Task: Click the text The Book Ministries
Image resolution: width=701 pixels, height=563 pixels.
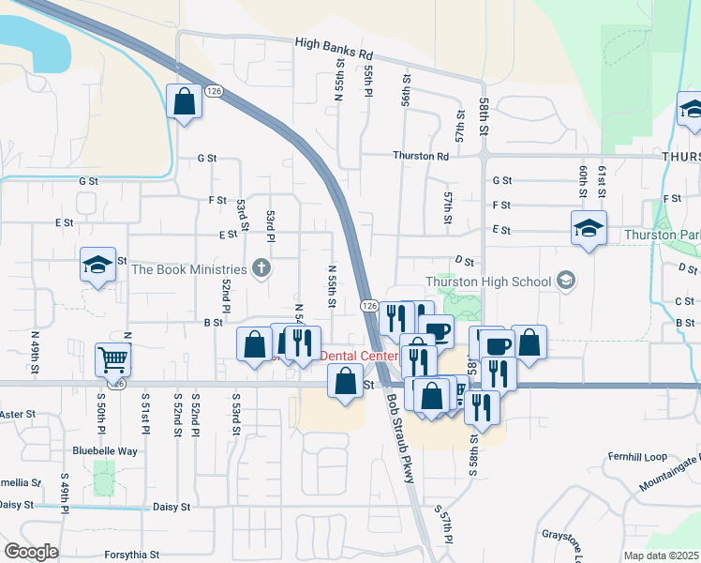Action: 188,270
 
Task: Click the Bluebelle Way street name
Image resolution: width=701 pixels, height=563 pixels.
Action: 105,451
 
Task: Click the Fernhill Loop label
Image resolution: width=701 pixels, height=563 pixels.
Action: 636,457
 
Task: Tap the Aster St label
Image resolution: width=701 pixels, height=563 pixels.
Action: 17,414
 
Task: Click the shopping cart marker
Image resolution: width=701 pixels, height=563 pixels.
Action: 112,358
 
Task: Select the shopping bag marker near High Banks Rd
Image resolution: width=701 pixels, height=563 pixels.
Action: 185,100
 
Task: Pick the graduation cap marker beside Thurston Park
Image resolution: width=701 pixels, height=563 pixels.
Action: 589,227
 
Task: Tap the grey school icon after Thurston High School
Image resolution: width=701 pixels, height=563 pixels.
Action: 565,281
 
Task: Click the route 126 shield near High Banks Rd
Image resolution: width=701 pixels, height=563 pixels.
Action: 215,91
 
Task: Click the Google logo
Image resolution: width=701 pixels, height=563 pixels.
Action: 31,552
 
